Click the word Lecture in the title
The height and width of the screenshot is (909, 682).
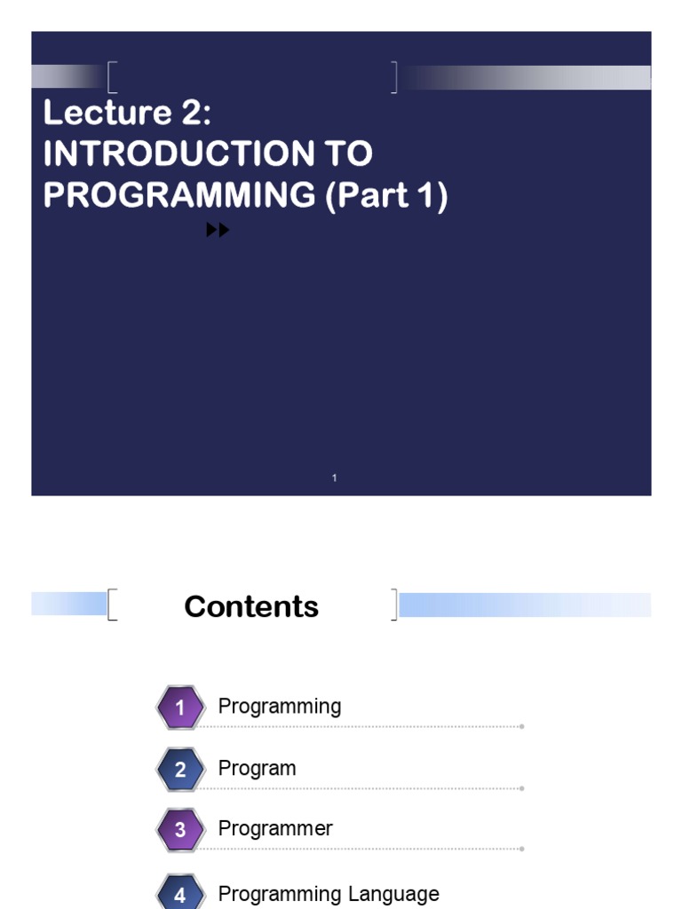pyautogui.click(x=107, y=112)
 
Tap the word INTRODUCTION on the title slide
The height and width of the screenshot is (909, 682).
pyautogui.click(x=178, y=154)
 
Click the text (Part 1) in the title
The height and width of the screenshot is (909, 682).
pyautogui.click(x=387, y=196)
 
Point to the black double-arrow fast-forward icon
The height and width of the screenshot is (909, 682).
pyautogui.click(x=218, y=230)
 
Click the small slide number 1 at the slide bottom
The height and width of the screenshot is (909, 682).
pyautogui.click(x=334, y=478)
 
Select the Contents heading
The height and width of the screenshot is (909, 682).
pyautogui.click(x=251, y=606)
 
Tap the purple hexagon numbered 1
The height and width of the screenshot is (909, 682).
pyautogui.click(x=180, y=707)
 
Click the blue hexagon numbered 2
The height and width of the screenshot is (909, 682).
pyautogui.click(x=180, y=769)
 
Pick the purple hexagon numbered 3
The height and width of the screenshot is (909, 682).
pyautogui.click(x=180, y=829)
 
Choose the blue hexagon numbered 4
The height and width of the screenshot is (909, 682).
pyautogui.click(x=180, y=893)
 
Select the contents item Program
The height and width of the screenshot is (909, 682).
pyautogui.click(x=257, y=769)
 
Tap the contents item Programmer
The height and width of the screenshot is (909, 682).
pyautogui.click(x=275, y=829)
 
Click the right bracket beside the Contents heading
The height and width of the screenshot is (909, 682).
pyautogui.click(x=395, y=605)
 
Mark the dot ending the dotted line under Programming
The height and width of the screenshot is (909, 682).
pyautogui.click(x=522, y=726)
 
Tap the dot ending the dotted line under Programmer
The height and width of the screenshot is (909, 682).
pyautogui.click(x=522, y=849)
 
